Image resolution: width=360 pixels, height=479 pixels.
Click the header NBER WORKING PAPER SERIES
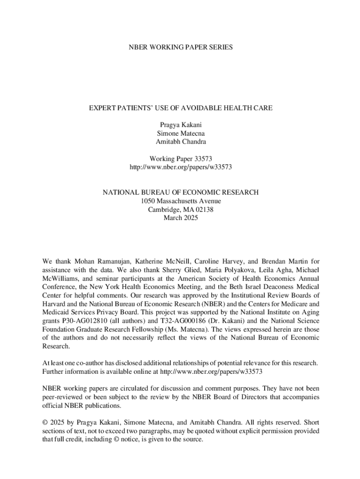[x=180, y=47]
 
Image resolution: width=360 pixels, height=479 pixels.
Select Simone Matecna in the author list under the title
[x=180, y=133]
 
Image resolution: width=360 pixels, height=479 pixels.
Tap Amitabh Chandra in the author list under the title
[x=180, y=142]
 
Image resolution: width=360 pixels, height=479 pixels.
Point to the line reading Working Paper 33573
[x=180, y=159]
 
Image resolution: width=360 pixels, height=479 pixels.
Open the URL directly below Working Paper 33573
[x=180, y=167]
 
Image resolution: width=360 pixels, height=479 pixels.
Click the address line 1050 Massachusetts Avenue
[x=180, y=201]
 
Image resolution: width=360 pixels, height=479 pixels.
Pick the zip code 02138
[x=204, y=210]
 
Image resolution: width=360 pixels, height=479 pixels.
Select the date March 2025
[x=180, y=218]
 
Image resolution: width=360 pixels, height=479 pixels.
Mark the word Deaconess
[x=265, y=287]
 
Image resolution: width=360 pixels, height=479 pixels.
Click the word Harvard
[x=55, y=304]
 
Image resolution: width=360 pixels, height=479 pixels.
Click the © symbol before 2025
[x=45, y=422]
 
